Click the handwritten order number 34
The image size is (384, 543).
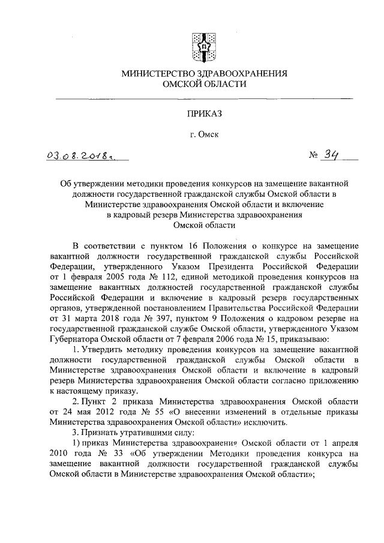[x=331, y=156]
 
